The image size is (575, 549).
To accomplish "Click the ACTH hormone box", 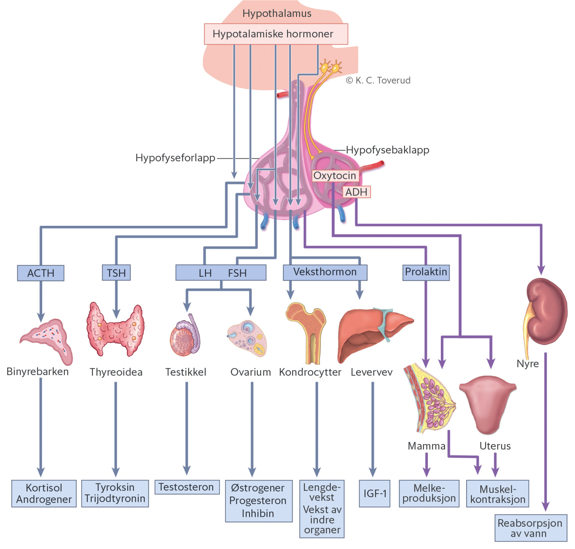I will [41, 273].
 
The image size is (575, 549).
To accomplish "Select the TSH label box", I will [116, 273].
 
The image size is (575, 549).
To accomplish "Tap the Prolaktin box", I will [426, 272].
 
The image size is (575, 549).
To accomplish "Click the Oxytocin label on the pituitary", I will [335, 176].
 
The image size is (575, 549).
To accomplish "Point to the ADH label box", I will [356, 192].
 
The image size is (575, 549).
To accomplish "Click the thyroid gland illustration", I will [115, 330].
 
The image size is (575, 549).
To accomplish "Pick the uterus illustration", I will [488, 403].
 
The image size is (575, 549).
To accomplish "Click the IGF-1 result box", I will [375, 493].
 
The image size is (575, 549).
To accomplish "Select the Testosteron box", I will [187, 487].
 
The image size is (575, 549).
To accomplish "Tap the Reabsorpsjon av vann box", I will [530, 528].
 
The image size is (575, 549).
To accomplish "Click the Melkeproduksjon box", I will [429, 493].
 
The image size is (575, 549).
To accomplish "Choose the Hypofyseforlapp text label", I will [175, 158].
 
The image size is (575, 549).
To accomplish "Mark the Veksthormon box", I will [325, 272].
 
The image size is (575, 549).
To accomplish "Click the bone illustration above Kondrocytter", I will [307, 330].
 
